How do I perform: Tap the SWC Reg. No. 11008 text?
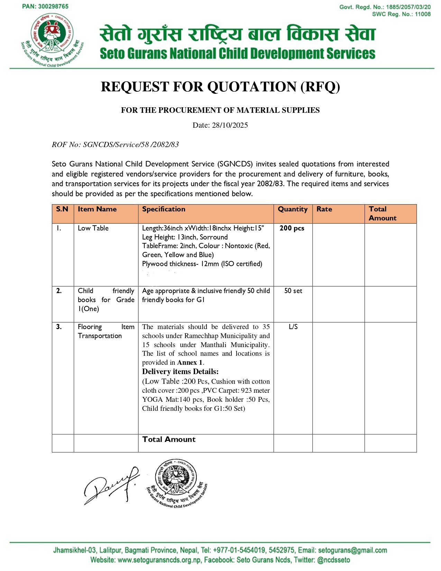pos(401,14)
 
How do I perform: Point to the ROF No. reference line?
pos(115,145)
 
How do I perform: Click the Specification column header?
pos(164,209)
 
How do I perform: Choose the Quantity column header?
pos(293,209)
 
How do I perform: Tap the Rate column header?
pos(324,209)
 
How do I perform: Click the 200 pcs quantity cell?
pos(292,228)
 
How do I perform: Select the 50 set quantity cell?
pos(293,291)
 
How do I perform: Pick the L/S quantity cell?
pos(293,327)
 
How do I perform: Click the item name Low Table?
pos(93,228)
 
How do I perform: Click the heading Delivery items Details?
pos(180,372)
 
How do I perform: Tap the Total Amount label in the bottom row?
pos(169,439)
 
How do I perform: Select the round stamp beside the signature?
pos(177,484)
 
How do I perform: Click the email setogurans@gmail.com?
pos(352,550)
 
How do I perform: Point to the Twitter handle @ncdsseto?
pos(333,560)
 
